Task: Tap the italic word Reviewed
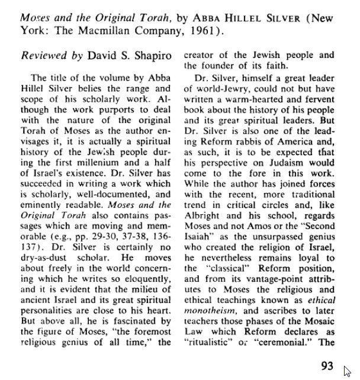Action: [x=43, y=56]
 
